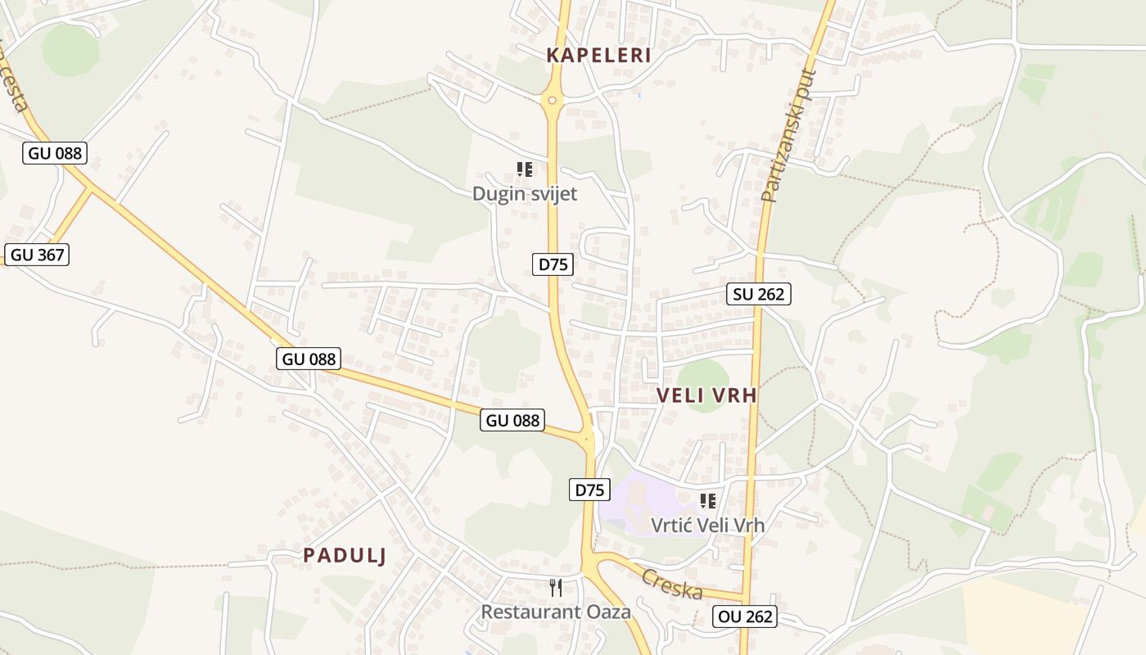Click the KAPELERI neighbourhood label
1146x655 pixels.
point(598,56)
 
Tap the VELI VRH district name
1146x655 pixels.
point(706,395)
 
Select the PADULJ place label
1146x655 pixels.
point(344,555)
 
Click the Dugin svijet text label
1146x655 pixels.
point(525,194)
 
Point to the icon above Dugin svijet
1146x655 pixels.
point(525,169)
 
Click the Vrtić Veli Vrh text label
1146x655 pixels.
point(708,525)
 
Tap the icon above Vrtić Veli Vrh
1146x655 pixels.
point(708,500)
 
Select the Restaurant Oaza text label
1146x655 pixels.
point(556,612)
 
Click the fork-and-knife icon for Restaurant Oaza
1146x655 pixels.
point(556,587)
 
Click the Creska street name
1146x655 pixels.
point(672,584)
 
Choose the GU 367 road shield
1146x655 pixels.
point(37,255)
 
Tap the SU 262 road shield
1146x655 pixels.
point(759,294)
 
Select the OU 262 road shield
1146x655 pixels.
point(744,617)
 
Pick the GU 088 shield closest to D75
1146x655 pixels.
point(513,420)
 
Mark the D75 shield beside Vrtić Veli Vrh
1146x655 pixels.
point(589,490)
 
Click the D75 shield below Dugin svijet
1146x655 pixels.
point(553,264)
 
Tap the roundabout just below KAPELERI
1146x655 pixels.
point(552,101)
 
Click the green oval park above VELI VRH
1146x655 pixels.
point(702,377)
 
